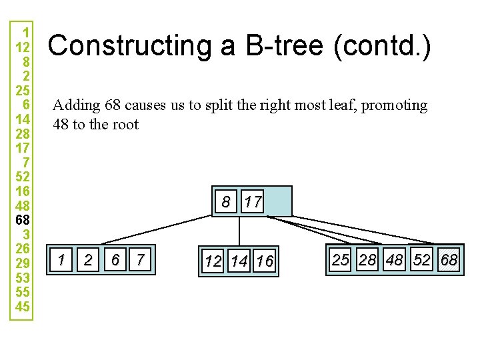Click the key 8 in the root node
(x=226, y=201)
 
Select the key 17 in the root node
(x=252, y=201)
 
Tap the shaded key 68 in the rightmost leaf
(x=449, y=259)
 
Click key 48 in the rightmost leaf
(x=394, y=259)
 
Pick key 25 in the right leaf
(x=341, y=259)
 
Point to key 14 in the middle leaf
(x=239, y=261)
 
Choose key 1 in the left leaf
(x=61, y=259)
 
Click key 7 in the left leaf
(x=140, y=259)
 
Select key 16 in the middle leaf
(x=265, y=261)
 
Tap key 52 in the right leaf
(x=421, y=259)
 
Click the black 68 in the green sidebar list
(x=23, y=220)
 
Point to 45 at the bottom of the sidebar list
(x=23, y=307)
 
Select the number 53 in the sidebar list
(x=23, y=277)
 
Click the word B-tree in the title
(x=285, y=45)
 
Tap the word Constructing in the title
(x=129, y=46)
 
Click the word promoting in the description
(x=394, y=106)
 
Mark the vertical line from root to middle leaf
(x=239, y=231)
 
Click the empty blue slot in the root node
(x=278, y=201)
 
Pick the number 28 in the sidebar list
(x=23, y=134)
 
